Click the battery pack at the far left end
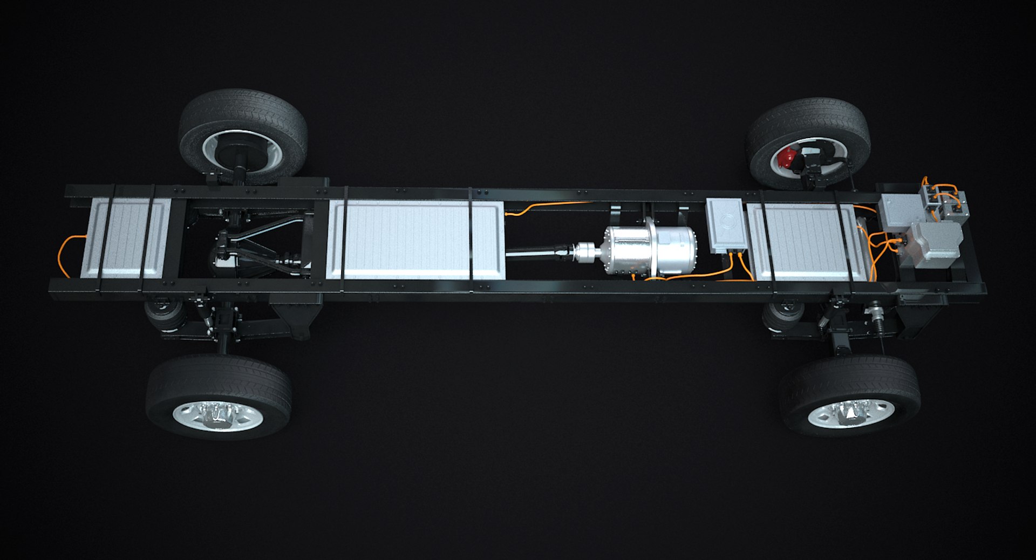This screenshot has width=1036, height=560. (x=125, y=237)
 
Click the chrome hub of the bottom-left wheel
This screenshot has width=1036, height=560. (x=219, y=415)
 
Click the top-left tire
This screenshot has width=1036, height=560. (x=243, y=116)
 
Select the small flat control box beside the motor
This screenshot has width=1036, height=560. (x=726, y=224)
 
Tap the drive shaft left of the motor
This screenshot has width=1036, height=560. (x=540, y=252)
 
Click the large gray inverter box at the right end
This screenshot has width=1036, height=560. (x=931, y=243)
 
